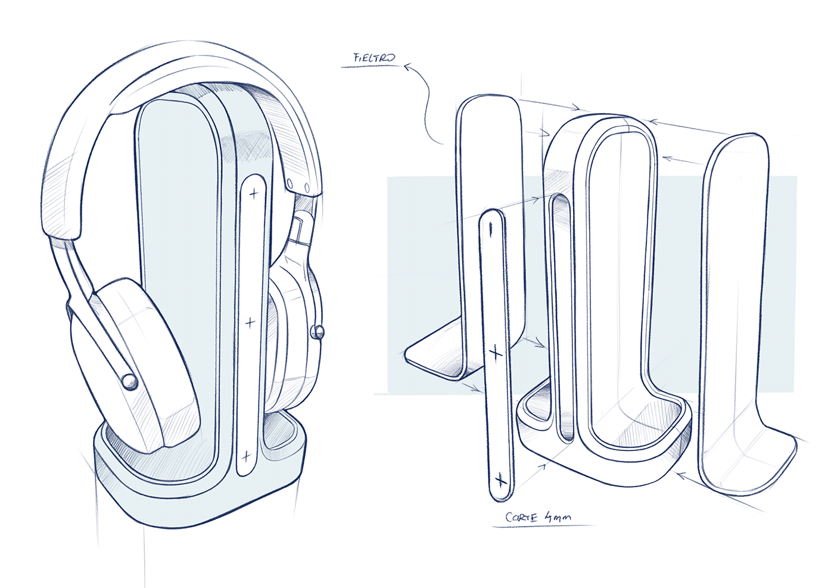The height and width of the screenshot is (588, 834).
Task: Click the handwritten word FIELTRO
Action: click(374, 58)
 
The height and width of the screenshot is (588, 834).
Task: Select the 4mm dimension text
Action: click(556, 517)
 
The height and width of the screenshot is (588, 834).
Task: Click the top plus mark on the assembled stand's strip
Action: click(254, 193)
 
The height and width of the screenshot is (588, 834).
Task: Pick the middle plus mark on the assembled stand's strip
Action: click(250, 322)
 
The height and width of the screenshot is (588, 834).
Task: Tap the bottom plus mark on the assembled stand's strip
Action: click(245, 457)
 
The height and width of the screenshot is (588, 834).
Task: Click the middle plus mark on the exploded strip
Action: click(496, 353)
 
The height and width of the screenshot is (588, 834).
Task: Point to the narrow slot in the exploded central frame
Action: click(558, 316)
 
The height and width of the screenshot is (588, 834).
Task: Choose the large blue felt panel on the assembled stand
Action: click(176, 286)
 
